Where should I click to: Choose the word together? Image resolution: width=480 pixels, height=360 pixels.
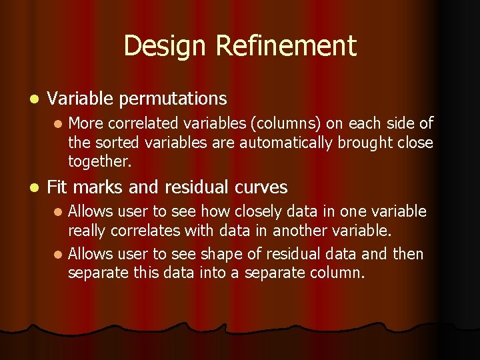[99, 161]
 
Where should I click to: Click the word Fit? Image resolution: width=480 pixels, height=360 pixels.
[57, 187]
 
